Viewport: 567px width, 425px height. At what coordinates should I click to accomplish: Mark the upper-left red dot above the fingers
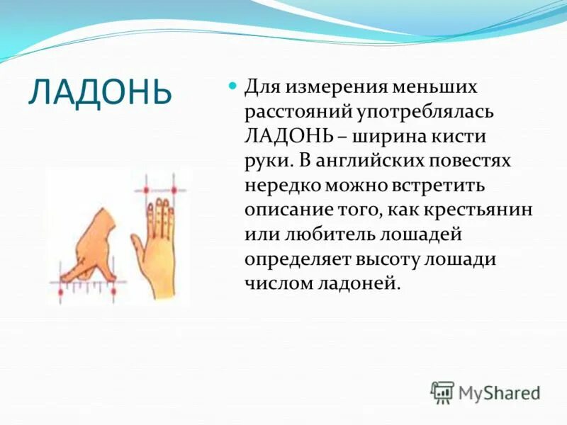click(146, 190)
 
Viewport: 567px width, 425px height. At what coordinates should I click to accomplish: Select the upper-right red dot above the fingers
click(173, 190)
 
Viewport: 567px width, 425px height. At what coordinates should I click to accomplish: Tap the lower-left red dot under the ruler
click(60, 290)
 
